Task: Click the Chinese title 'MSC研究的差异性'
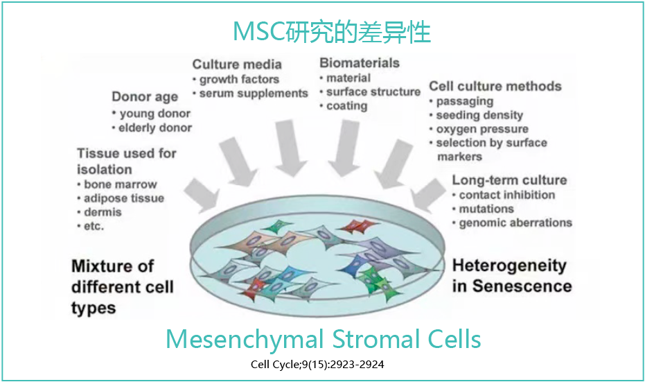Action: (x=322, y=32)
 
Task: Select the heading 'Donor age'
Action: (x=145, y=97)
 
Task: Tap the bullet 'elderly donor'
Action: (x=155, y=128)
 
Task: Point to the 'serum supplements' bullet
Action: (x=253, y=94)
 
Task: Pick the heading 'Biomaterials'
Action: (x=359, y=63)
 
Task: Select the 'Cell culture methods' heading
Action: (x=495, y=87)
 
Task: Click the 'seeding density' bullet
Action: (x=479, y=115)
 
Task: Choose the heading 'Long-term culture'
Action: (x=509, y=180)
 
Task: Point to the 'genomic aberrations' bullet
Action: (x=515, y=223)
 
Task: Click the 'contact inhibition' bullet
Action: (x=506, y=195)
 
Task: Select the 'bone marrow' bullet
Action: (x=120, y=184)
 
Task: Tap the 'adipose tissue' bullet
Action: (x=123, y=198)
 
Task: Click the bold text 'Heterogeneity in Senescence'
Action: (x=511, y=276)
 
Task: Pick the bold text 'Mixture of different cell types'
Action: (x=122, y=286)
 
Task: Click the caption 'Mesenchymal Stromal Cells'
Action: (x=323, y=340)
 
